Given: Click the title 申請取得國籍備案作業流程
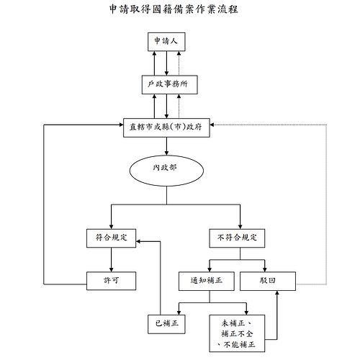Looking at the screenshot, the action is click(x=174, y=9).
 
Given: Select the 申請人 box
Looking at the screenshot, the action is click(x=166, y=42).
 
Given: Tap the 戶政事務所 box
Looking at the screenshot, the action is click(x=170, y=85).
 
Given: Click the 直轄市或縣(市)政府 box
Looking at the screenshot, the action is click(x=166, y=127).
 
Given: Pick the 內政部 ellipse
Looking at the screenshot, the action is click(x=166, y=171).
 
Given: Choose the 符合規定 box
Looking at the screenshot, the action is click(x=112, y=238).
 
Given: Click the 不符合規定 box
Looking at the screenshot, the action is click(x=237, y=238).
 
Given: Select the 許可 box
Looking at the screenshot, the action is click(x=112, y=281).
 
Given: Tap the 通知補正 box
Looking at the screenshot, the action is click(x=207, y=281).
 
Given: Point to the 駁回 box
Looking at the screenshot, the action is click(x=268, y=281).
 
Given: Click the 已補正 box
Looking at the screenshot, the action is click(x=166, y=324).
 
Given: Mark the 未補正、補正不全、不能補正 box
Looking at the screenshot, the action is click(x=237, y=333).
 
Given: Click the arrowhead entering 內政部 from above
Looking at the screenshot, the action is click(x=166, y=153).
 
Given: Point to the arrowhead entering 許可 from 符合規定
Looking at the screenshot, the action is click(x=112, y=269).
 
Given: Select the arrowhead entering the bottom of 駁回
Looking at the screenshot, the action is click(x=277, y=293).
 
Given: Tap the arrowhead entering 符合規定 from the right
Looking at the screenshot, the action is click(x=139, y=241).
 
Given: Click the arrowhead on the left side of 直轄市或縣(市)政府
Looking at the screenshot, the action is click(x=121, y=125).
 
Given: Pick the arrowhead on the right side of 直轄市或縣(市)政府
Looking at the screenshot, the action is click(x=212, y=125).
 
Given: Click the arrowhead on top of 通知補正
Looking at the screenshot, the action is click(x=210, y=269).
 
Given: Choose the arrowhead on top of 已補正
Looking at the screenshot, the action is click(x=179, y=312).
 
